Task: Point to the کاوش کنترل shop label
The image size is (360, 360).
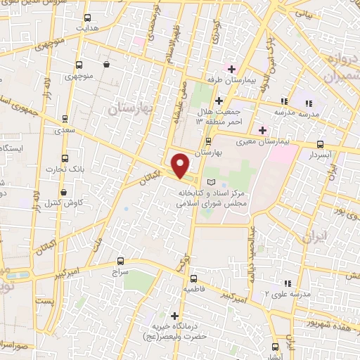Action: [64, 205]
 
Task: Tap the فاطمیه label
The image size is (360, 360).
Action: [194, 288]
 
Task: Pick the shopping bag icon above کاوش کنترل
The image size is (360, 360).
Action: [64, 191]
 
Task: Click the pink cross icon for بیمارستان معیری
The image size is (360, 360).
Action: [262, 130]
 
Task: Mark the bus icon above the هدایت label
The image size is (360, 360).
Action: [87, 18]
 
